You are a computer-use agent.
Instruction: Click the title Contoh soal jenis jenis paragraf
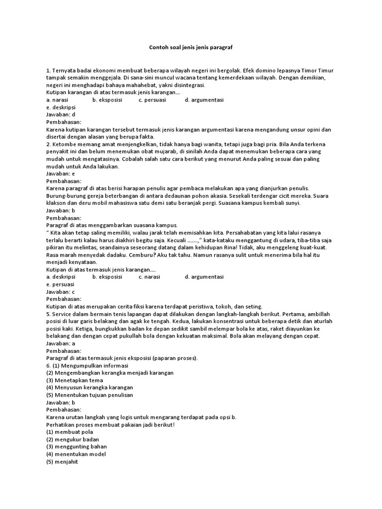pos(191,48)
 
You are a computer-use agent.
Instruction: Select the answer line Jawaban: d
pos(60,114)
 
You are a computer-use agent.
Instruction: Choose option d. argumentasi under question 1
pos(204,100)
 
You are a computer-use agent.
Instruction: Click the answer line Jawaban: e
pos(60,174)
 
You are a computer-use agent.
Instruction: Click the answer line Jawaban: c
pos(60,292)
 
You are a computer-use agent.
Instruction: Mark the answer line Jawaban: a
pos(60,343)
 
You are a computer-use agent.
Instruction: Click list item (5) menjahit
pos(62,461)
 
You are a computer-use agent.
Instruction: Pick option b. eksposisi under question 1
pos(107,100)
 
